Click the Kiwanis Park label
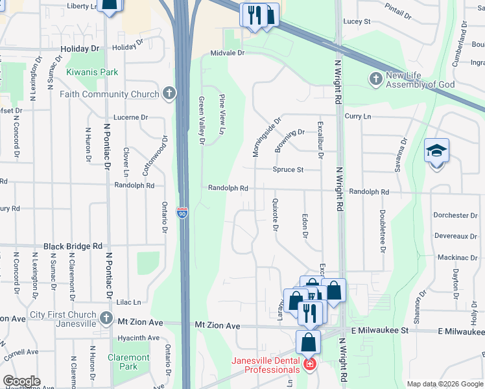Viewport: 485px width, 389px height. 92,72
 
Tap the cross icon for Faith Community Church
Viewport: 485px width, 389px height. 169,94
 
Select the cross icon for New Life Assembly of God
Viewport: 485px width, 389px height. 375,79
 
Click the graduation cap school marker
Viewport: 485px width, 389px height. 436,151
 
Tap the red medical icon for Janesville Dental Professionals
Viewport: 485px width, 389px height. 309,365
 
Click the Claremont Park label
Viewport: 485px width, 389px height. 129,362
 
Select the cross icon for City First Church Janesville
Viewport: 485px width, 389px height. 106,317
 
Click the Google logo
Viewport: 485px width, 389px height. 21,381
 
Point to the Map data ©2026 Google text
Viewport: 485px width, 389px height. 445,384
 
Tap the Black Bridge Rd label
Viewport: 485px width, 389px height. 73,246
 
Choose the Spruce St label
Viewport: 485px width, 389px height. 288,170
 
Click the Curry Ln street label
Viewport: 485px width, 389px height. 358,116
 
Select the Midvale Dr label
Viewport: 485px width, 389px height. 228,53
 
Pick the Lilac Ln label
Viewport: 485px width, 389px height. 128,302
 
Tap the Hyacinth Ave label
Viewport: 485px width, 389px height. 138,338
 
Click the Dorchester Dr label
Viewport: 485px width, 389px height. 456,215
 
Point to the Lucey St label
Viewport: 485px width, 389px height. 357,21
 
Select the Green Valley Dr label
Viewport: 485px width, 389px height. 202,121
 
